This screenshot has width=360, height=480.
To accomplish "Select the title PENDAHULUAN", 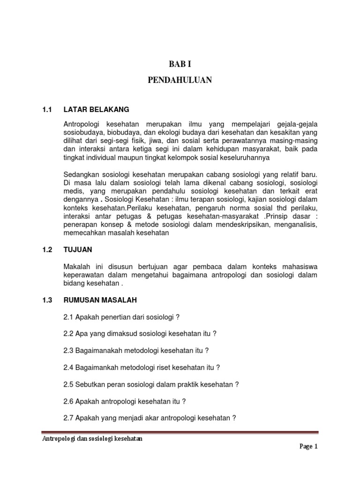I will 180,81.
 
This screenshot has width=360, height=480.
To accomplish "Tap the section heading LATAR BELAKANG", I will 96,109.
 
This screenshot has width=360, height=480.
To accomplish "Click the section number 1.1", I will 46,109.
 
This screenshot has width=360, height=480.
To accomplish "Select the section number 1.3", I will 46,299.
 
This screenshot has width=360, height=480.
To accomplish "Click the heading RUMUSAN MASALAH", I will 100,299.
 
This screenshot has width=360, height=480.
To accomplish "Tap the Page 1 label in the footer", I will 308,447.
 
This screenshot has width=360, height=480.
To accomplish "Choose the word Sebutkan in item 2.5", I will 91,384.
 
